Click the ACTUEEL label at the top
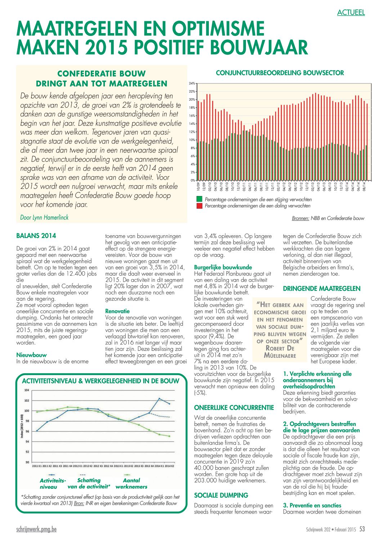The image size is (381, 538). pos(351,13)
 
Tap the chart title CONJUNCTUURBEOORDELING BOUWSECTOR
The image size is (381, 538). pos(280,73)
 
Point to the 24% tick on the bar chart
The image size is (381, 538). pos(192,83)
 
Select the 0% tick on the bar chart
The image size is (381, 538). pos(193,180)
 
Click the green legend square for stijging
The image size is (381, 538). pos(199,199)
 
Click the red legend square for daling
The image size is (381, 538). pos(199,206)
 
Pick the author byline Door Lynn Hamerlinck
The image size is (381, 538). pos(44,218)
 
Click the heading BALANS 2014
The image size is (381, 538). pos(36,236)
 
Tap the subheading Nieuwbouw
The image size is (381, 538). pos(31,355)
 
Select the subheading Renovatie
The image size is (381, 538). pos(117,311)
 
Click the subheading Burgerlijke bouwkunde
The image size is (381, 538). pos(223,267)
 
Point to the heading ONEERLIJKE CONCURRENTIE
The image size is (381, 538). pos(234,407)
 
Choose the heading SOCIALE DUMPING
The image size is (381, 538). pos(221,495)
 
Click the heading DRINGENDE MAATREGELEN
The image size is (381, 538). pos(322,288)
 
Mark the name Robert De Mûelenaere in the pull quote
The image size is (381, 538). pos(280,352)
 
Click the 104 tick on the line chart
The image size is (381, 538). pos(27,390)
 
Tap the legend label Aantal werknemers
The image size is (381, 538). pos(131,483)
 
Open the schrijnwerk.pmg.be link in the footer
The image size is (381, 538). pos(36,529)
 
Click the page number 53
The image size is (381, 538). pos(362,529)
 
